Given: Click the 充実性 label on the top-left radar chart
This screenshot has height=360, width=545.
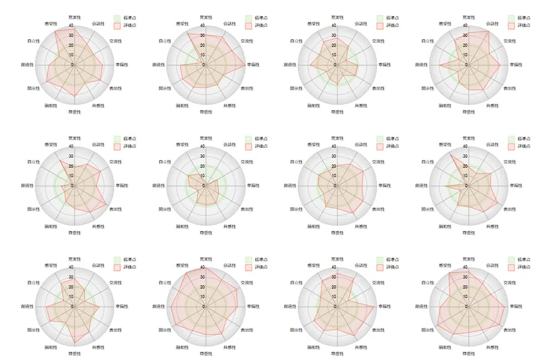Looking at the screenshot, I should pyautogui.click(x=75, y=18).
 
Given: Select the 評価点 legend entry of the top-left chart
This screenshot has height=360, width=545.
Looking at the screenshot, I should pyautogui.click(x=130, y=25).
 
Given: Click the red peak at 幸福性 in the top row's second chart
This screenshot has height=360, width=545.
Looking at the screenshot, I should pyautogui.click(x=245, y=65).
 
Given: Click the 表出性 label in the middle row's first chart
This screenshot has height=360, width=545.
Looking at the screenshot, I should pyautogui.click(x=115, y=210).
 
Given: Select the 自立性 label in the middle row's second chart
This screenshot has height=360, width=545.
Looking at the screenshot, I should pyautogui.click(x=165, y=162).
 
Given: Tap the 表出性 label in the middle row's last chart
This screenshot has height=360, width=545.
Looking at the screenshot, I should pyautogui.click(x=509, y=210).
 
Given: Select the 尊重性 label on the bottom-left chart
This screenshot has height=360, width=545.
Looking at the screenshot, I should pyautogui.click(x=75, y=354).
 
